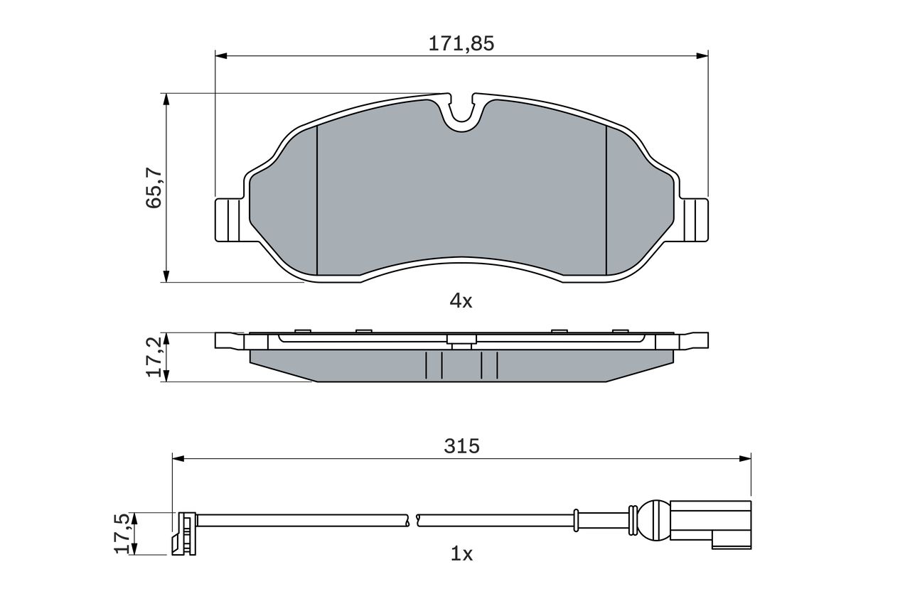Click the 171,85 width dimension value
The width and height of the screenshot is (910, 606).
pyautogui.click(x=461, y=43)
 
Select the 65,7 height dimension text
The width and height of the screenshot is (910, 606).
pyautogui.click(x=154, y=188)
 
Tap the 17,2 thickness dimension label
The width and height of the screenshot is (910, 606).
pyautogui.click(x=154, y=357)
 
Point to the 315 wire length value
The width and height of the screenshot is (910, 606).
pyautogui.click(x=461, y=446)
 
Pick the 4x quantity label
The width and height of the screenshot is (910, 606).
pyautogui.click(x=461, y=301)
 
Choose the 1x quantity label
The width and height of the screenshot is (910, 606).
pyautogui.click(x=461, y=553)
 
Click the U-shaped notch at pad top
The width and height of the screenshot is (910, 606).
pyautogui.click(x=462, y=114)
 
